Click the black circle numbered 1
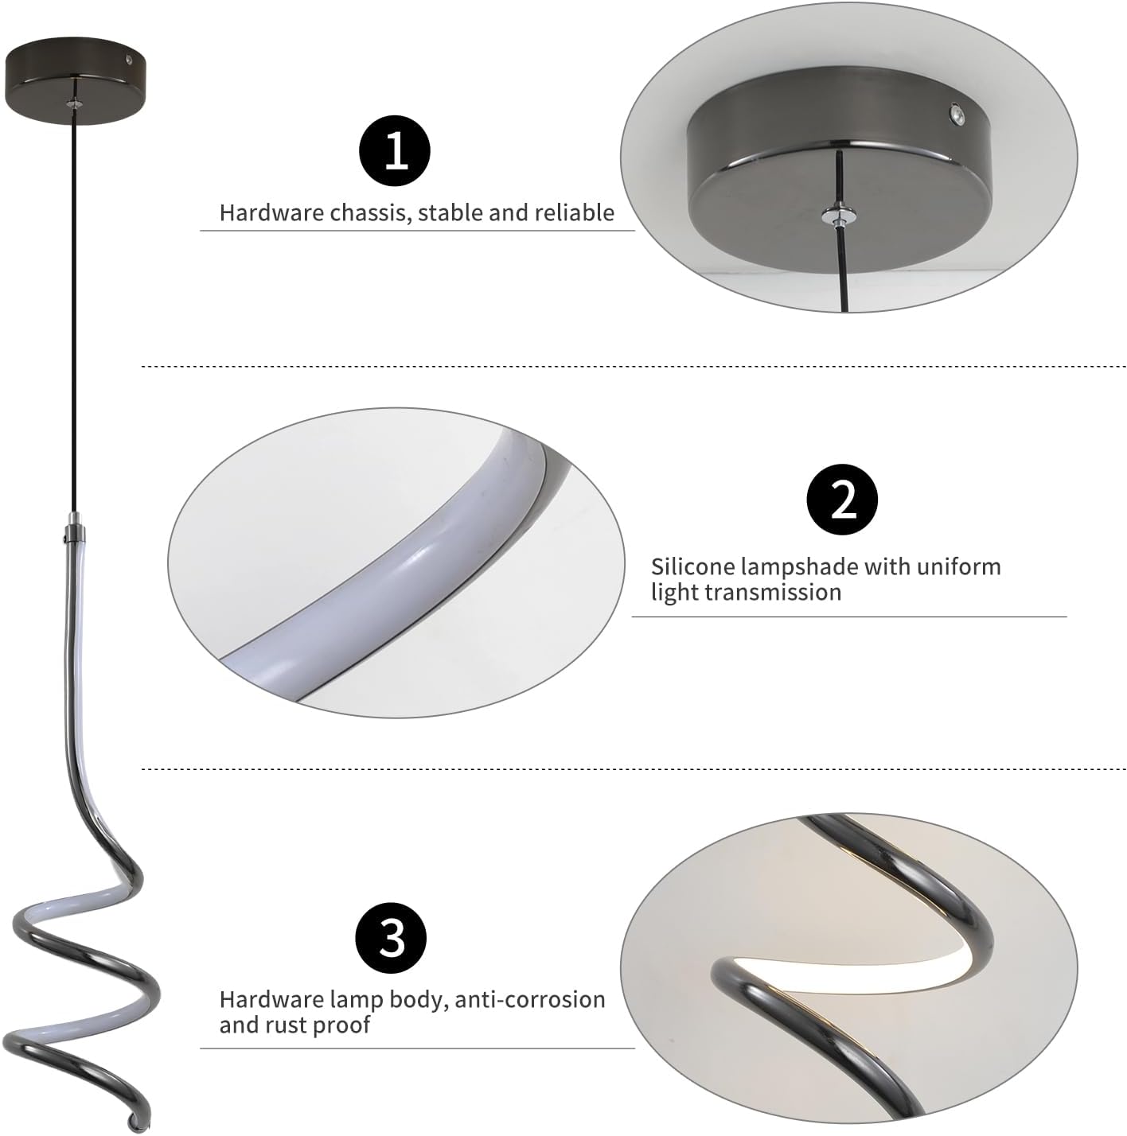coord(394,151)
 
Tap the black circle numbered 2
coord(842,500)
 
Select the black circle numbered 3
coord(390,938)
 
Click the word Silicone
coord(692,566)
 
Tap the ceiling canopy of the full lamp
coord(74,80)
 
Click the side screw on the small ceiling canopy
coord(129,60)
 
